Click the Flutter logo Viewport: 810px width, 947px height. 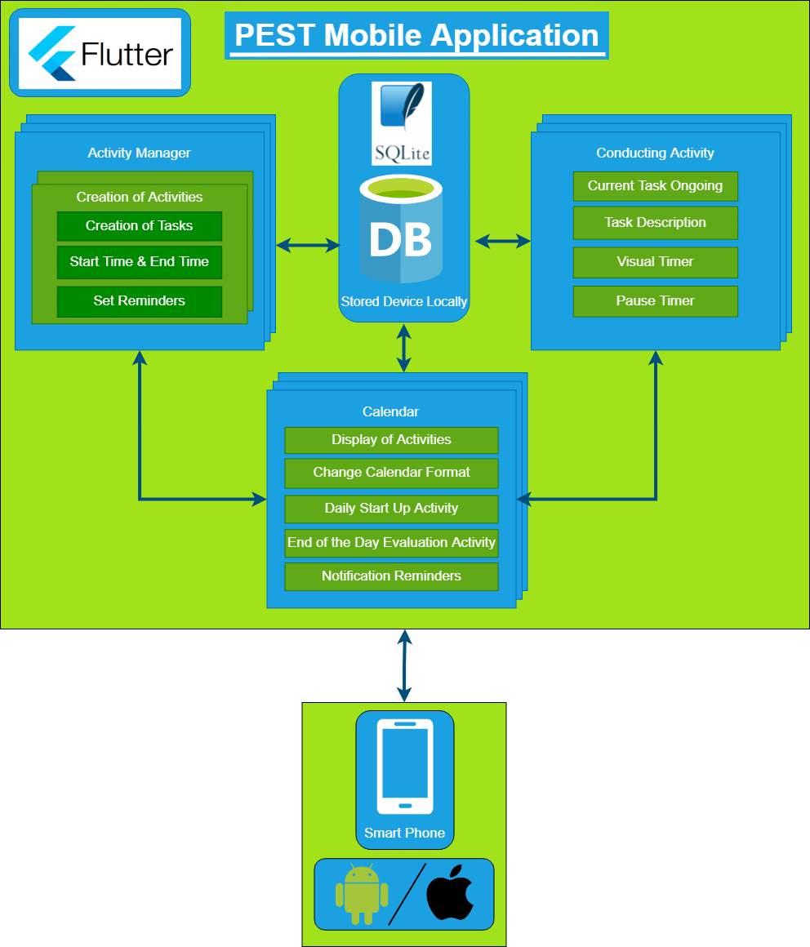pyautogui.click(x=100, y=54)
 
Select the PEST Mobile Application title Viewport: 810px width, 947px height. pyautogui.click(x=416, y=36)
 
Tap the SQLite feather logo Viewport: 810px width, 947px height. pyautogui.click(x=402, y=122)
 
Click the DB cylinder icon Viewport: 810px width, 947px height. pyautogui.click(x=400, y=229)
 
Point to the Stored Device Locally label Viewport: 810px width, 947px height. pyautogui.click(x=404, y=301)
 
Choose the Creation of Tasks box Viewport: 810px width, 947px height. pyautogui.click(x=140, y=226)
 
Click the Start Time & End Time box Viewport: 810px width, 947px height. pyautogui.click(x=140, y=262)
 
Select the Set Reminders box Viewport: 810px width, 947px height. pyautogui.click(x=140, y=301)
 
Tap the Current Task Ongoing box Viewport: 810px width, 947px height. pyautogui.click(x=655, y=186)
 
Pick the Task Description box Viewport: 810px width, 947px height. pyautogui.click(x=655, y=222)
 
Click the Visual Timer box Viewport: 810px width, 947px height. pyautogui.click(x=655, y=262)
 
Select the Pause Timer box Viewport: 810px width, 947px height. pyautogui.click(x=655, y=301)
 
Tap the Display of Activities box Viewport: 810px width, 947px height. pyautogui.click(x=391, y=440)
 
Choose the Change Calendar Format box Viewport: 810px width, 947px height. pyautogui.click(x=391, y=473)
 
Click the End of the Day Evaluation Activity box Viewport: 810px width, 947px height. pyautogui.click(x=391, y=543)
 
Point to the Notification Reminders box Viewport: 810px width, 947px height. pyautogui.click(x=391, y=576)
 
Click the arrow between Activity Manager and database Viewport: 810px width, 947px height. pyautogui.click(x=308, y=245)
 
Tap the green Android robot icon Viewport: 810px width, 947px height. pyautogui.click(x=361, y=894)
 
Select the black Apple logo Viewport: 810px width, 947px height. pyautogui.click(x=450, y=894)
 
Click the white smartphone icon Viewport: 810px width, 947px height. pyautogui.click(x=404, y=767)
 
